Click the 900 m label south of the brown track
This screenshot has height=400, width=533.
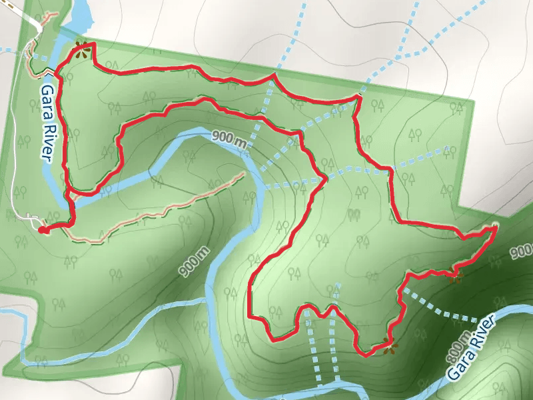(194, 261)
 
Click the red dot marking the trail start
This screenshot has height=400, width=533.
(43, 230)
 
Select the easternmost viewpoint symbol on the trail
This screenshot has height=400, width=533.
(456, 275)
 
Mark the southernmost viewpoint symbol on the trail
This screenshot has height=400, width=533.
(388, 345)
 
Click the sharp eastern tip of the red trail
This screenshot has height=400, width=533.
(496, 228)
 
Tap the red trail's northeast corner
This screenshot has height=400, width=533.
(357, 97)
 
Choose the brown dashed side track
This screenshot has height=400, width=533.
(160, 210)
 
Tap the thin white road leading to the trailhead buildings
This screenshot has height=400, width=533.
(13, 167)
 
